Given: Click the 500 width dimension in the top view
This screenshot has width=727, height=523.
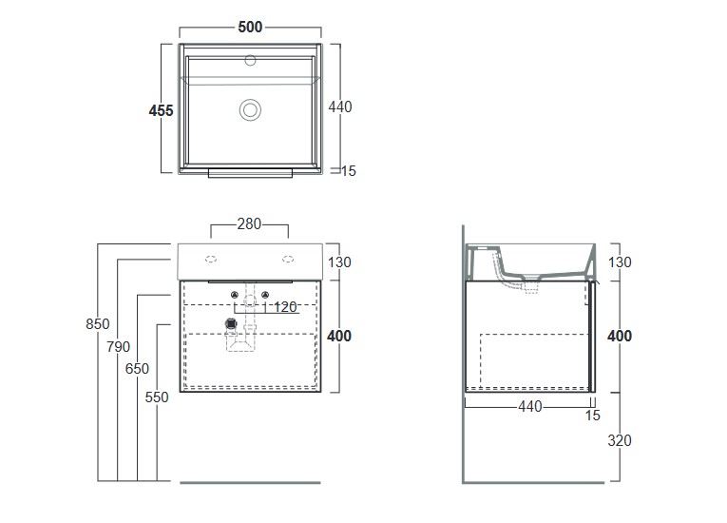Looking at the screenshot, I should coord(250,27).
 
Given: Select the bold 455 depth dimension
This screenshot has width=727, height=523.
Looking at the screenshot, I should coord(162,110).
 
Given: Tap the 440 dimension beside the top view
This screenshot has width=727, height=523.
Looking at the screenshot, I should coord(339,107).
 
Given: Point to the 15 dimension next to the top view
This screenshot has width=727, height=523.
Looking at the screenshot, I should coord(348,171).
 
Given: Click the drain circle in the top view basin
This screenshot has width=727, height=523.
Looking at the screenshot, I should coord(250,109).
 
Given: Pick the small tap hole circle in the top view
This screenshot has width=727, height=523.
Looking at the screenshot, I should coord(251,63).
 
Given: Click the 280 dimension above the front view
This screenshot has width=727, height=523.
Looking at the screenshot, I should coord(249,225).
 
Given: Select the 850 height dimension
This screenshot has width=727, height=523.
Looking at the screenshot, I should coord(98,323).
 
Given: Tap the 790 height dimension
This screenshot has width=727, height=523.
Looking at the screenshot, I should coord(118,347).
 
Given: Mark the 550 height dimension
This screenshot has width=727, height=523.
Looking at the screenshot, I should coord(157,397).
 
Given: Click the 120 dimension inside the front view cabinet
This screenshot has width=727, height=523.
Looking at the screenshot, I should coord(285,307).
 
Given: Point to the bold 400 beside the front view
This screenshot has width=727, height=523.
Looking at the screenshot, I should coord(339,336).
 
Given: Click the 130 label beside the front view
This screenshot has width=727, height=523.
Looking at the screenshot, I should coord(339,262).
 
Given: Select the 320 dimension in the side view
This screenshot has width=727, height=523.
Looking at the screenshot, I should coord(619,440).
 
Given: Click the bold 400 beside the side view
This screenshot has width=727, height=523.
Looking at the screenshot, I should coord(619,336).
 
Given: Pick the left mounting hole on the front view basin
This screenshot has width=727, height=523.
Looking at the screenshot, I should coord(211,257).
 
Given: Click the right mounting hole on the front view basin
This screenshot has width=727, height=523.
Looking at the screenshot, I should coord(286,257).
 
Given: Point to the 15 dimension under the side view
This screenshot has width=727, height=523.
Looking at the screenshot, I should coord(593,416).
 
